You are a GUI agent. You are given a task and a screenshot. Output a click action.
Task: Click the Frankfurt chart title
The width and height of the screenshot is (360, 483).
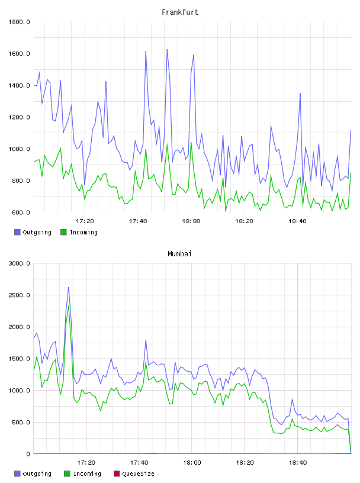pos(180,12)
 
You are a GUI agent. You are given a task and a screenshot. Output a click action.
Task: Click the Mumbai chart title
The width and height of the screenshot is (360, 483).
pos(179,254)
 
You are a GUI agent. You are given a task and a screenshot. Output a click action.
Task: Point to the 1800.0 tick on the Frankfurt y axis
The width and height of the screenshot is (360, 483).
pos(19,22)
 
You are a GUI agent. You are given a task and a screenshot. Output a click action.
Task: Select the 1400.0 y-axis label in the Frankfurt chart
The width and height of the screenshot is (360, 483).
pos(19,85)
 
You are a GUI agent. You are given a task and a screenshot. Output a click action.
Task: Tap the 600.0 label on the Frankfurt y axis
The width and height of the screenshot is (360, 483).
pos(21,212)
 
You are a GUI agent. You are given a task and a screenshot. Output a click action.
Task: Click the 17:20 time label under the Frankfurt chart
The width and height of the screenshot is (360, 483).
pos(85,221)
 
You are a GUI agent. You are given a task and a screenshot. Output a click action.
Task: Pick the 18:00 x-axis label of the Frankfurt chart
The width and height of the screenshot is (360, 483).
pos(191,221)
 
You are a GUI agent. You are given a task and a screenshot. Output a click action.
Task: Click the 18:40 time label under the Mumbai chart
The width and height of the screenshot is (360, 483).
pos(298,463)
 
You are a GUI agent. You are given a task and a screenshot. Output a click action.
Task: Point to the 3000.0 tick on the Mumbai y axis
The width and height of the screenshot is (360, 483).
pos(19,263)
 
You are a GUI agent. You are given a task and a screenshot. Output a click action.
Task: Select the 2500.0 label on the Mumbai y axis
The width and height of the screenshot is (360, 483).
pos(19,295)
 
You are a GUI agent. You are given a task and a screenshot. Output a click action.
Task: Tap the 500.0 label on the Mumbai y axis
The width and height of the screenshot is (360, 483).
pos(21,422)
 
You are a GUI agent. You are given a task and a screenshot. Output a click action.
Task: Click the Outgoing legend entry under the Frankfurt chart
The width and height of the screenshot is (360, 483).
pos(33,232)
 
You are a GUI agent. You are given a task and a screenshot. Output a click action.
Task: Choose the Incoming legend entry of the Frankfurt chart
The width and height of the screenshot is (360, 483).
pos(79,232)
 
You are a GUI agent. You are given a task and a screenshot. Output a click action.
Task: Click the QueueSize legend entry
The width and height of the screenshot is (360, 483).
pos(134,474)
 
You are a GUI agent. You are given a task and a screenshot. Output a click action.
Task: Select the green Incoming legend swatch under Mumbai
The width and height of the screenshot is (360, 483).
pos(67,474)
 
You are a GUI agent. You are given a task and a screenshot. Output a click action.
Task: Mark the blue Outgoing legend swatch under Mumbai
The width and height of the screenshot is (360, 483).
pos(17,474)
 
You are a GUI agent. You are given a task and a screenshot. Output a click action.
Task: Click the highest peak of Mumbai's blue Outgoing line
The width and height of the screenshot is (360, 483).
pos(69,288)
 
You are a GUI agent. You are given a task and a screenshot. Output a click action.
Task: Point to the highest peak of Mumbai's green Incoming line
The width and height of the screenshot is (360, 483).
pos(69,305)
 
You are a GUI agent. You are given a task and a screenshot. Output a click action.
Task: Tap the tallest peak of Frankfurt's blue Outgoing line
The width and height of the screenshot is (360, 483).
pos(167,49)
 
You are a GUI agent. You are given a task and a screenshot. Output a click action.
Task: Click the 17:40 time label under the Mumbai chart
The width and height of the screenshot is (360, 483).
pos(139,463)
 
